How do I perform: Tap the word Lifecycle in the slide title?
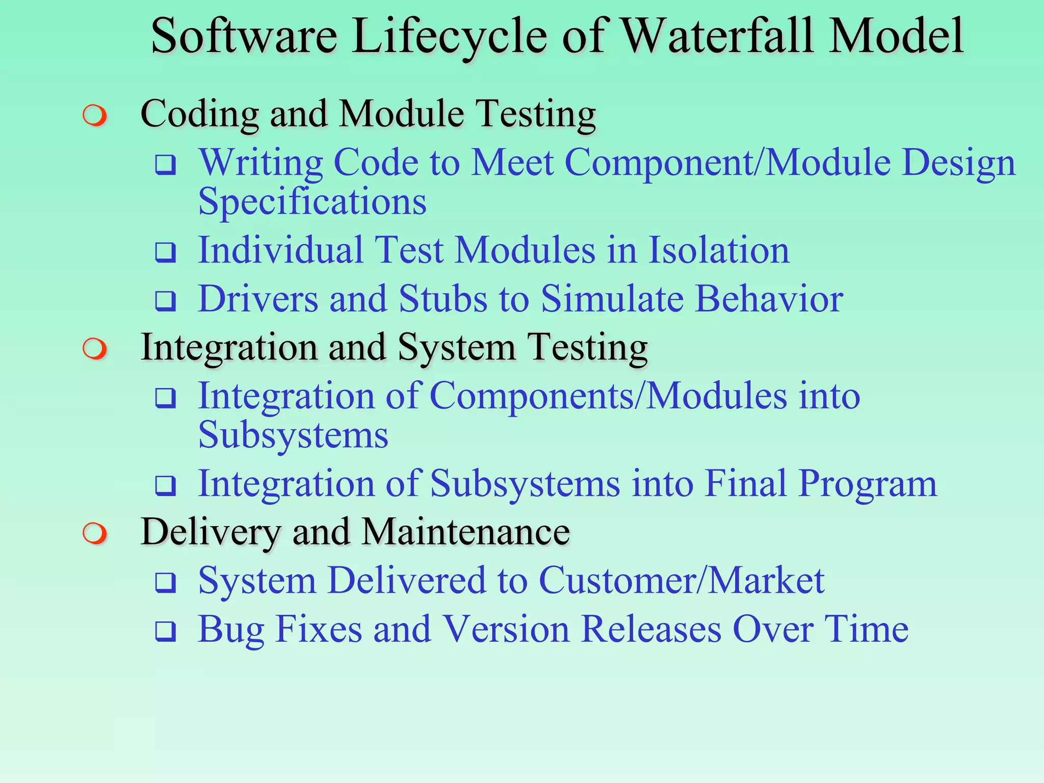(449, 37)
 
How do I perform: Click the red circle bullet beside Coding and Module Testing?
(95, 116)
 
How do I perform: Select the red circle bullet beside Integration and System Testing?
(95, 349)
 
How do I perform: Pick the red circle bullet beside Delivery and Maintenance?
(95, 534)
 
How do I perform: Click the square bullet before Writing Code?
(166, 165)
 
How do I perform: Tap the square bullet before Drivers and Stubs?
(166, 301)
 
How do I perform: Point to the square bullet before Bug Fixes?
(166, 632)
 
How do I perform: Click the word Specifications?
(312, 202)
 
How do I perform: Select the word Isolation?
(719, 250)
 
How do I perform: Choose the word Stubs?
(443, 299)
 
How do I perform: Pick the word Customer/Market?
(681, 581)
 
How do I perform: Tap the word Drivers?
(258, 299)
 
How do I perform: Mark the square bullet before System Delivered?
(166, 583)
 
